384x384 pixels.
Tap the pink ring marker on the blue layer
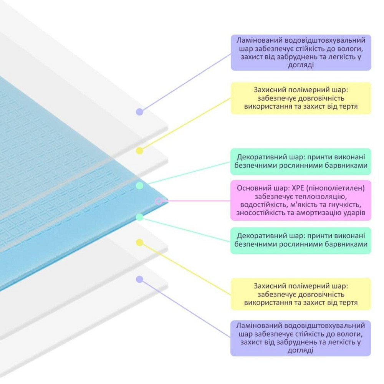click(x=159, y=201)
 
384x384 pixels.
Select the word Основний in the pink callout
click(x=251, y=188)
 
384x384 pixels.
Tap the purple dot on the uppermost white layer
click(x=140, y=112)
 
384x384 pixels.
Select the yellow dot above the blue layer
click(x=140, y=151)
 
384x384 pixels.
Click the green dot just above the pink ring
click(x=140, y=185)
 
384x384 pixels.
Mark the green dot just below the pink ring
click(x=140, y=217)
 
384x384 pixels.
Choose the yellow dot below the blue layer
click(x=140, y=242)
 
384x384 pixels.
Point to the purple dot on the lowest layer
click(x=140, y=280)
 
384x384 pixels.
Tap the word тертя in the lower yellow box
click(x=348, y=303)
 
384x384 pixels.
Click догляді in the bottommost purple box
click(x=301, y=350)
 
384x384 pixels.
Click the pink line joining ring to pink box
click(x=196, y=201)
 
